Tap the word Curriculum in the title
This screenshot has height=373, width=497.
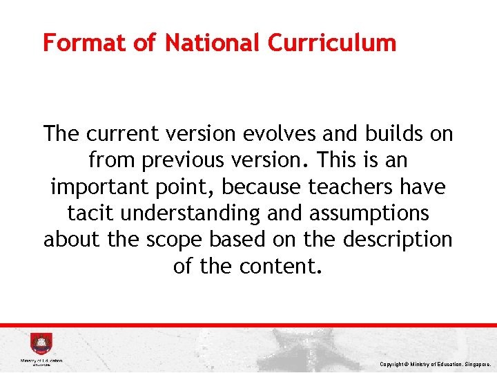pyautogui.click(x=332, y=43)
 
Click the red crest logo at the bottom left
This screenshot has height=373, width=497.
pyautogui.click(x=41, y=344)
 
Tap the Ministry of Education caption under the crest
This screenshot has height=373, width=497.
pyautogui.click(x=41, y=361)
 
